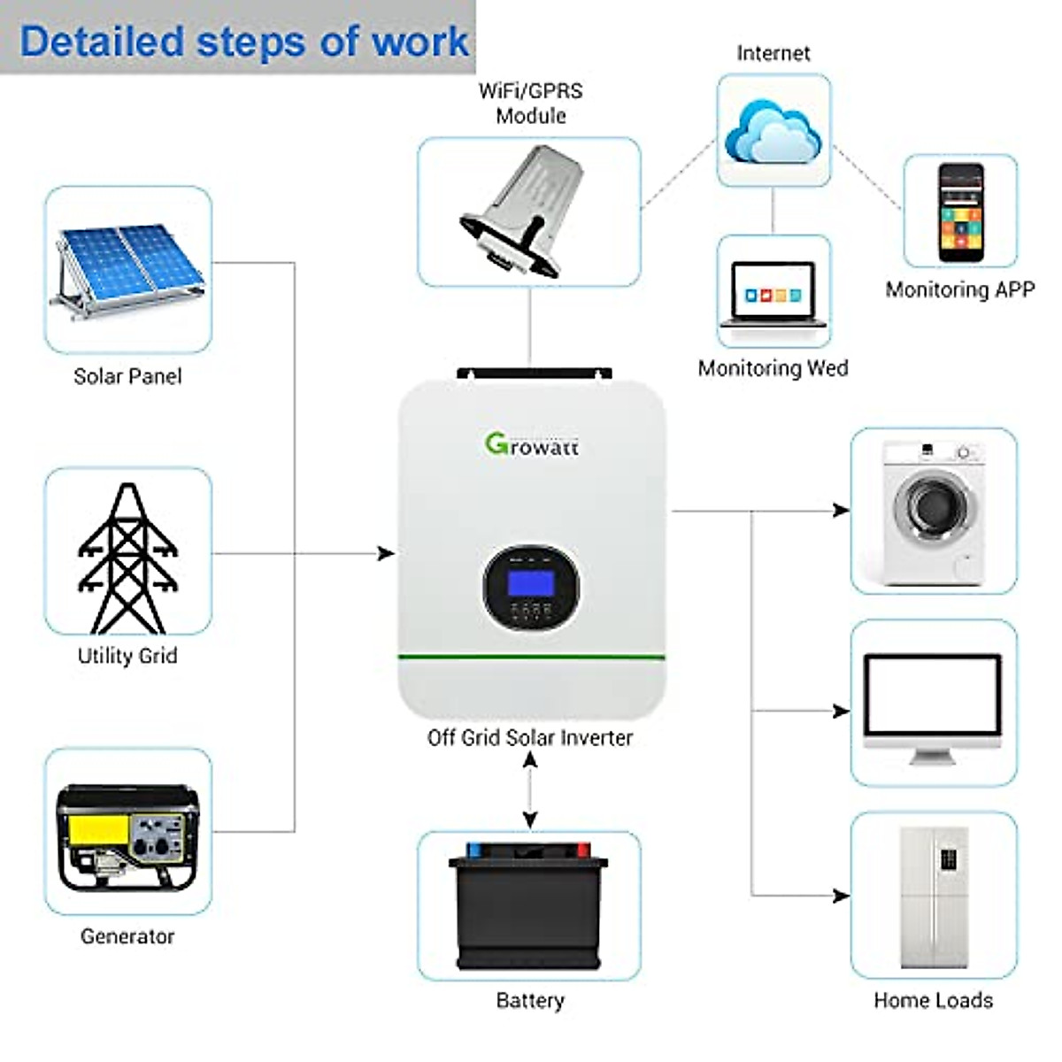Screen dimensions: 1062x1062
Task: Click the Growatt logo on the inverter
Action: pyautogui.click(x=531, y=444)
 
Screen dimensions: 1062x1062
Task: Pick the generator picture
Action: pyautogui.click(x=128, y=836)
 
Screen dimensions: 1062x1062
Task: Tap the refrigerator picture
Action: pyautogui.click(x=934, y=897)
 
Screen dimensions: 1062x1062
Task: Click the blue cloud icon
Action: pyautogui.click(x=773, y=131)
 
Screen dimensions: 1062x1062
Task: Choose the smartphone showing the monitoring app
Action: pyautogui.click(x=961, y=212)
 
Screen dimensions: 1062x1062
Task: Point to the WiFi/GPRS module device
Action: pyautogui.click(x=528, y=212)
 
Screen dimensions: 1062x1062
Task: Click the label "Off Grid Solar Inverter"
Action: pyautogui.click(x=530, y=738)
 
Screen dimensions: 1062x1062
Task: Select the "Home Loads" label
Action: pyautogui.click(x=933, y=1000)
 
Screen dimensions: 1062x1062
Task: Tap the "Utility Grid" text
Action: pyautogui.click(x=128, y=656)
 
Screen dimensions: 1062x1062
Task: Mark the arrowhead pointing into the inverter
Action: pyautogui.click(x=387, y=554)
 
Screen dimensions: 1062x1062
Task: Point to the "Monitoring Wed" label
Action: pyautogui.click(x=773, y=368)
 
